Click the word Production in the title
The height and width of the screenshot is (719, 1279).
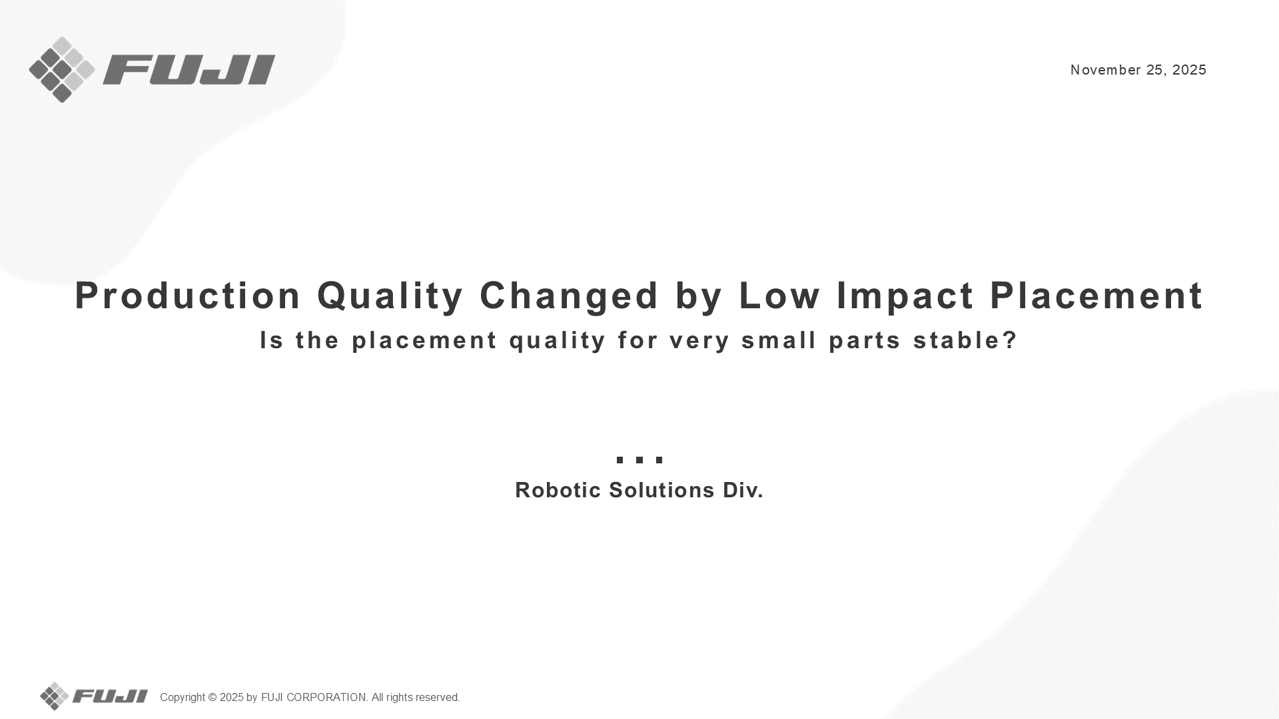click(189, 296)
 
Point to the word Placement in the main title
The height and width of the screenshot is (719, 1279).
click(1096, 296)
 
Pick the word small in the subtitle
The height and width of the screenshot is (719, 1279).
click(779, 340)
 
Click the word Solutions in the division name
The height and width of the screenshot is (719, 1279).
click(662, 490)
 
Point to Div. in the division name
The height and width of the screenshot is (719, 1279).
click(743, 490)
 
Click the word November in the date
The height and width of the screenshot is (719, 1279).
click(1106, 70)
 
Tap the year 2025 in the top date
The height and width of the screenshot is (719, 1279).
click(1189, 70)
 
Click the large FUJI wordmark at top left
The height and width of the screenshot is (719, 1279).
click(189, 70)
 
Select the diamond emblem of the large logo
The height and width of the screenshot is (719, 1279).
click(62, 70)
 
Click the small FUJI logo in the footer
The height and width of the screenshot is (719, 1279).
click(94, 696)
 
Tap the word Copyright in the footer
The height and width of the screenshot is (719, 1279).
click(183, 698)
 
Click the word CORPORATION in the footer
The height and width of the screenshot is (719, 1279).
click(326, 697)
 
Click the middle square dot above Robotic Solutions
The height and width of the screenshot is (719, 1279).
click(639, 459)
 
